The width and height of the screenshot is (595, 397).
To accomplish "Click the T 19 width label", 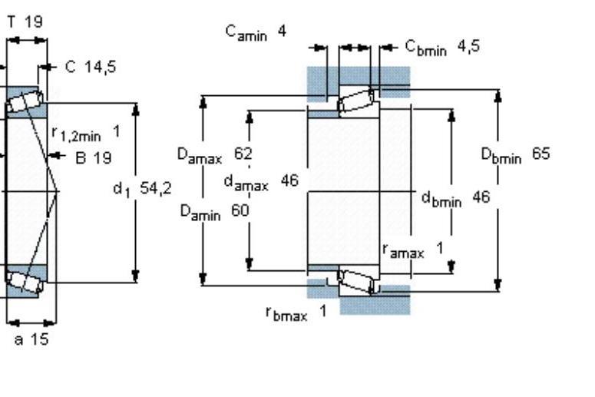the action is pos(25,22).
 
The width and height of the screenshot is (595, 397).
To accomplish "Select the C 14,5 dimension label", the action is pos(91,67).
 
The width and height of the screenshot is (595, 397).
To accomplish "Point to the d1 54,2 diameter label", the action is pos(142,189).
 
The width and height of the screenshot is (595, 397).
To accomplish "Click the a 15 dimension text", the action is pos(31,339).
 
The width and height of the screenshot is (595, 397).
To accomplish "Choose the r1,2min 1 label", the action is pos(86,134).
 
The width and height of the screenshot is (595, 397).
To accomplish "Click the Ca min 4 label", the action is pos(256,33).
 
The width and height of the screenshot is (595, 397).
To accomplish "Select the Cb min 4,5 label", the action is pos(442,48).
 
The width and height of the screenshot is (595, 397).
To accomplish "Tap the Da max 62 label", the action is pos(215,155).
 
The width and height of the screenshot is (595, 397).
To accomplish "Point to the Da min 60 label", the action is pos(215,212).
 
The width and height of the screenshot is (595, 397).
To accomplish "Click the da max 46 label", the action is pos(262,182).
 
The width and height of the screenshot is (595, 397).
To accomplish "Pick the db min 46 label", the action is pos(456,198).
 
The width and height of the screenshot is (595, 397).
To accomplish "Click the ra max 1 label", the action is pos(413,251).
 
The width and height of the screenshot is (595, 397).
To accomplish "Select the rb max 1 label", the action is pos(296,313).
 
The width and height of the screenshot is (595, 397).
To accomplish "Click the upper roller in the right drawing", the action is pos(355,101).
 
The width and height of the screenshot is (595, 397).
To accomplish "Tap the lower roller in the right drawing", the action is pos(355,281).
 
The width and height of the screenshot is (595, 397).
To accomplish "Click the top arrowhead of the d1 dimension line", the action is pos(135,109).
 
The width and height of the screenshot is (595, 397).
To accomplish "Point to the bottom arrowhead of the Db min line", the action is pos(498,285).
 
